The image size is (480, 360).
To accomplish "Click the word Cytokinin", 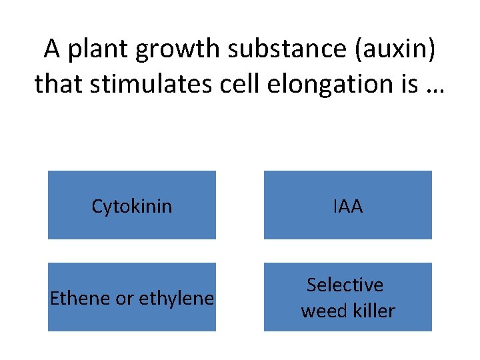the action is click(131, 207).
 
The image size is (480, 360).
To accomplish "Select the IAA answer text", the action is click(347, 207).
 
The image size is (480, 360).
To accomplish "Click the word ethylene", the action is click(176, 299).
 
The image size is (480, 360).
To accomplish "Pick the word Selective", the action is click(345, 285).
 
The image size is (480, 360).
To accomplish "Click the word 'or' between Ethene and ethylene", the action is click(125, 299).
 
